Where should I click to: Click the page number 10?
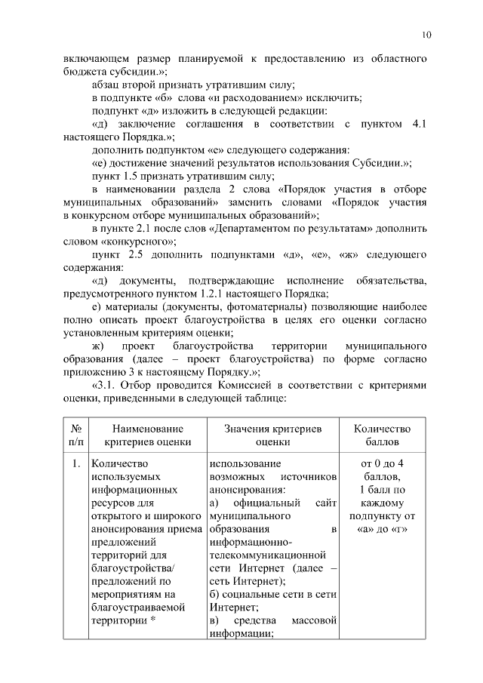[426, 35]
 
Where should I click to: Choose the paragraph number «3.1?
[103, 384]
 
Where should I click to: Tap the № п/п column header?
[76, 435]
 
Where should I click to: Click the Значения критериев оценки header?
[272, 435]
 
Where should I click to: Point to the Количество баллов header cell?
[382, 435]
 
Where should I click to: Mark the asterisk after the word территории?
[153, 620]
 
